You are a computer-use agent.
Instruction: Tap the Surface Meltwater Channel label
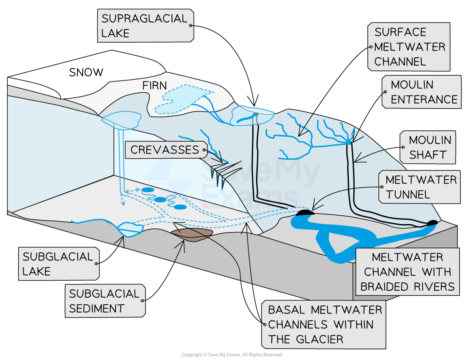point(409,47)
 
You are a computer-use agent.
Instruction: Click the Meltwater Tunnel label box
point(420,187)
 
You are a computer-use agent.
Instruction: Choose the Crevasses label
point(165,150)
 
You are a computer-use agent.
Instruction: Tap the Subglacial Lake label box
point(59,264)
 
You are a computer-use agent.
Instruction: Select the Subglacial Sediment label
point(105,301)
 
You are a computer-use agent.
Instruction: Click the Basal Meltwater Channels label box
point(324,325)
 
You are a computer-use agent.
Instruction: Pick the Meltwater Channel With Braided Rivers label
point(407,272)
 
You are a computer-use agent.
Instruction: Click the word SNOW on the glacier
point(86,72)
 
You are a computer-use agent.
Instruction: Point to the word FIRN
point(154,86)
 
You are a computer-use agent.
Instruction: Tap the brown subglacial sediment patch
point(191,235)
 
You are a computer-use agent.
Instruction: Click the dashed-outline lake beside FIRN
point(179,98)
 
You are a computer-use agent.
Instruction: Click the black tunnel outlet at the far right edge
point(432,223)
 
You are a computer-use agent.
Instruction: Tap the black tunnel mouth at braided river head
point(305,213)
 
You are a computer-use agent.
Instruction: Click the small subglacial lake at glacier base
point(130,228)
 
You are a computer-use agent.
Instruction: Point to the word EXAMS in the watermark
point(249,195)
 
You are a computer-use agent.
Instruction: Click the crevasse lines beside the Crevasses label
point(224,171)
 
